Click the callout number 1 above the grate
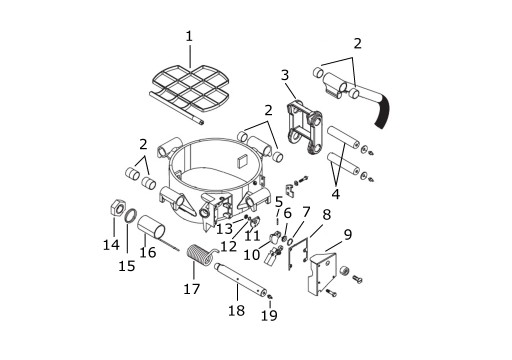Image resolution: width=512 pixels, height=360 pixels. point(189,36)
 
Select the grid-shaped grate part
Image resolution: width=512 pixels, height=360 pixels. point(191,88)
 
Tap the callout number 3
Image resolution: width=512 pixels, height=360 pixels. point(285,75)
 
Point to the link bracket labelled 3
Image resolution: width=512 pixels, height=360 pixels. point(304,128)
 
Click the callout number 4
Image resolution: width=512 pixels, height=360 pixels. point(336,194)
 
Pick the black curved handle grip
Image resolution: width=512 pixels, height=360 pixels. point(383,111)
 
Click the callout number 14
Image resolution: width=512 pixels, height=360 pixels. point(111,245)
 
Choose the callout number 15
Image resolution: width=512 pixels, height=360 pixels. point(127,266)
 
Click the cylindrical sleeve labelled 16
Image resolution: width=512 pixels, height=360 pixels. point(151,226)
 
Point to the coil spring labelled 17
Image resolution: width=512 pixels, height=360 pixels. point(198,256)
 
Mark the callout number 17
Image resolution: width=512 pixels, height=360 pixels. point(192,289)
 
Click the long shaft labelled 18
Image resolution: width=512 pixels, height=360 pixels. point(240,280)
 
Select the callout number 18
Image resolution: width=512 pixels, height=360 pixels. point(236,311)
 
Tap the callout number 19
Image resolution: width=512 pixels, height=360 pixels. point(269,315)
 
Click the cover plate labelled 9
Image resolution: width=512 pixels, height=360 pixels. point(322,274)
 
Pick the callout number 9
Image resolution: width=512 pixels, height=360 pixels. point(348,235)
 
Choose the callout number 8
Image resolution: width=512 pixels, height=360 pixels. point(327,215)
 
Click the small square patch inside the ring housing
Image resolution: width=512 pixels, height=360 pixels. point(241,161)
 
